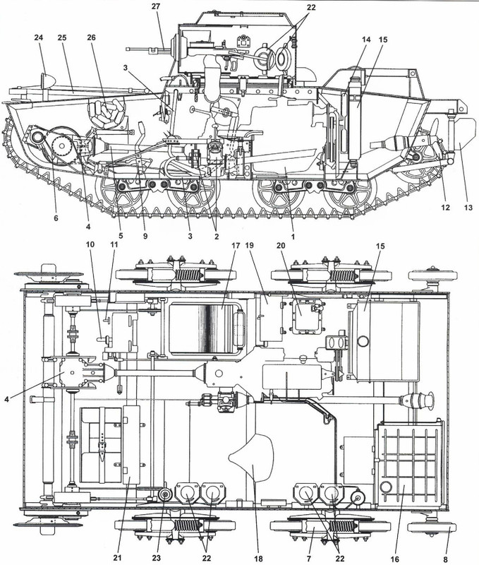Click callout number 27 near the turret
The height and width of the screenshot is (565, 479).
pyautogui.click(x=156, y=6)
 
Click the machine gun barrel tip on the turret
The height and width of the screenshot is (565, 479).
pyautogui.click(x=130, y=49)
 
